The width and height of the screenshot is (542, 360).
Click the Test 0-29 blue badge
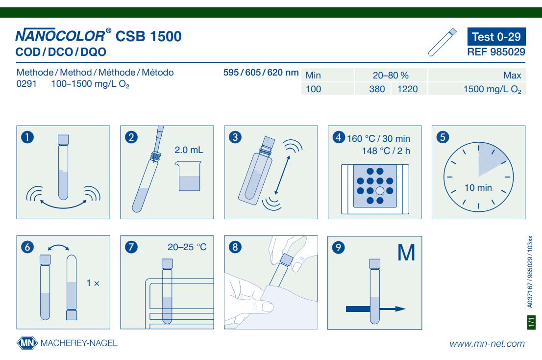496,37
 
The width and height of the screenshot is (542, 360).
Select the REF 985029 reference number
496,52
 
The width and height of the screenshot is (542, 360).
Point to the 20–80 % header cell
391,76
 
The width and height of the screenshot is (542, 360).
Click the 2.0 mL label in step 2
189,150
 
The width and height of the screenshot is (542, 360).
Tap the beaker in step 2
188,176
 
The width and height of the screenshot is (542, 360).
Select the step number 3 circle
235,137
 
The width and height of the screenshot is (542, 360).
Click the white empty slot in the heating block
380,191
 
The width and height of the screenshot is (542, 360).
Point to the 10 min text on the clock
478,188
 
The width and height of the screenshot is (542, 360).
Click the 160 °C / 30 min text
378,139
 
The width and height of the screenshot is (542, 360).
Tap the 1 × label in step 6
93,283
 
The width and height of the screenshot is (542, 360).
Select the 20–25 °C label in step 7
187,247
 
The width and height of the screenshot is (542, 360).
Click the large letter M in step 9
406,253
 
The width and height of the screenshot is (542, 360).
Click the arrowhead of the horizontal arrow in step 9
401,309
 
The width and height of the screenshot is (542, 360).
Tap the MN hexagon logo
27,343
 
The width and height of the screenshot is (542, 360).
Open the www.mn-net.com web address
487,344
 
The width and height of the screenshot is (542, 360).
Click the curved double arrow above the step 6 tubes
58,247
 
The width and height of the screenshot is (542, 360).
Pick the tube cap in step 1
63,139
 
